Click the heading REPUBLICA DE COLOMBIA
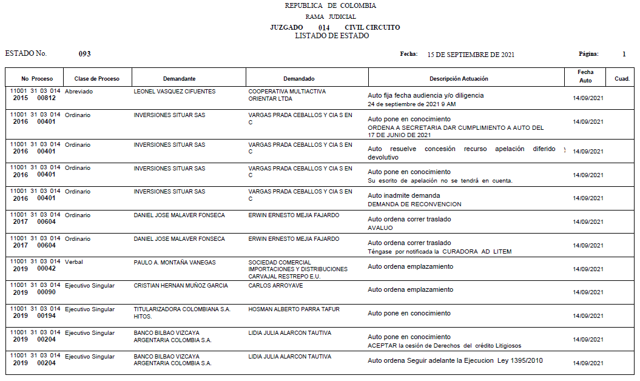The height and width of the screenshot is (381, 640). coord(330,5)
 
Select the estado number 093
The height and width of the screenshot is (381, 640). coord(84,54)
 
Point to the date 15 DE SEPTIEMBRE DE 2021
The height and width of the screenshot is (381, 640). coord(471,55)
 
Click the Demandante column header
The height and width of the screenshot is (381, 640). coord(179,79)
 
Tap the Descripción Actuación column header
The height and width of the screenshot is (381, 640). coord(459,79)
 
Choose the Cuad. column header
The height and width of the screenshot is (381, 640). coord(622,79)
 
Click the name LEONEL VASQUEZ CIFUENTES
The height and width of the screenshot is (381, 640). coord(175,92)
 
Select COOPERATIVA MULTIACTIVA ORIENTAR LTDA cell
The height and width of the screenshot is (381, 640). coord(287,95)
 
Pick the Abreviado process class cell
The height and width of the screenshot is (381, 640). coord(79,92)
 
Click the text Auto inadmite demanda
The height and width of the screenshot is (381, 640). coord(404,196)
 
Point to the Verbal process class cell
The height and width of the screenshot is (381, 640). coord(74,262)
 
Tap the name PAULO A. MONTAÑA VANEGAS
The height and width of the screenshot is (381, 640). coord(175,262)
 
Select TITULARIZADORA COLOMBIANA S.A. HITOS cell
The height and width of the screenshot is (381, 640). coord(182,312)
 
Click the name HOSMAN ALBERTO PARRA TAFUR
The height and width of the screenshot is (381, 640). coord(294,309)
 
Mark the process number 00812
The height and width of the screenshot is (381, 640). coord(47,98)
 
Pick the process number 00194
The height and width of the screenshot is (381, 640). coord(47,315)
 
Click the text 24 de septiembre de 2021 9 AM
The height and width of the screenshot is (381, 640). coord(412,104)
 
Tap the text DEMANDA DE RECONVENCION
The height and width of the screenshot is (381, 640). coord(414,204)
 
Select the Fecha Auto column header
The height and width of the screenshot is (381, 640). coord(585,76)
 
